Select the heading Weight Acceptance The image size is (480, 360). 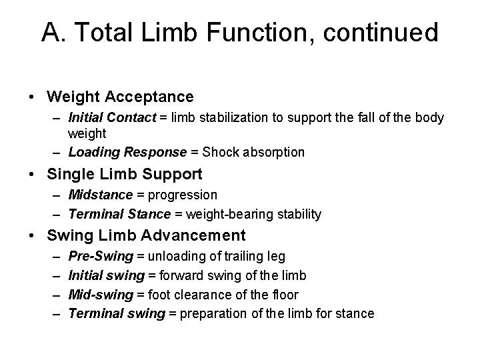pyautogui.click(x=120, y=97)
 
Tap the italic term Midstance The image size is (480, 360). pyautogui.click(x=101, y=195)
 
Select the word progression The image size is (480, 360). pyautogui.click(x=183, y=195)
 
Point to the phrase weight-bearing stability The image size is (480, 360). pyautogui.click(x=253, y=214)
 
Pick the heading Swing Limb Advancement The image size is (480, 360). pyautogui.click(x=146, y=235)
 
